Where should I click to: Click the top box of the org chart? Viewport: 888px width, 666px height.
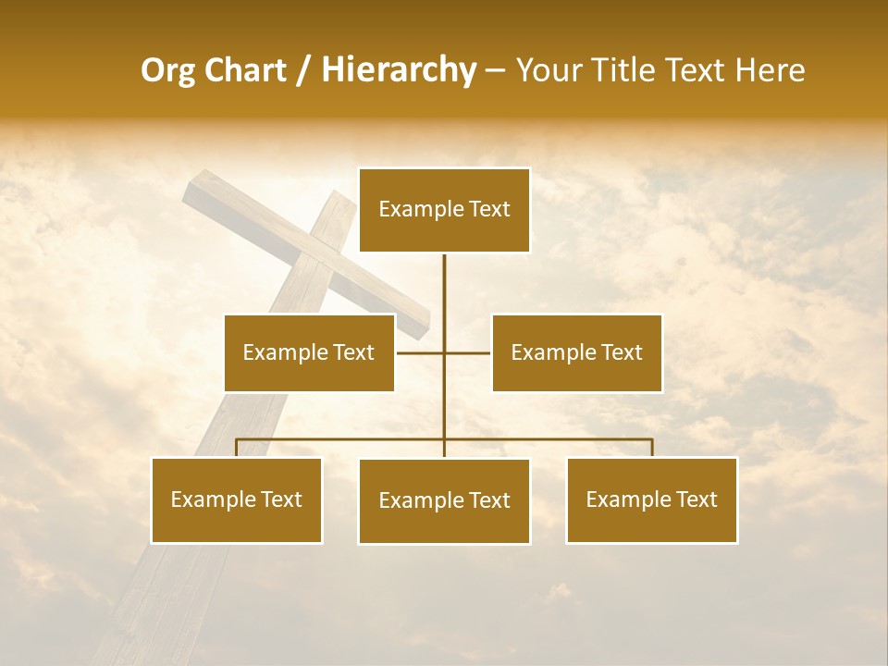point(444,210)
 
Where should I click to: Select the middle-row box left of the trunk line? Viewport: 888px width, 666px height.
point(309,352)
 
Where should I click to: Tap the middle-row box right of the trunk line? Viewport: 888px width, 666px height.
point(576,352)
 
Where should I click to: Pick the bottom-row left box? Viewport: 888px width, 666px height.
point(237,499)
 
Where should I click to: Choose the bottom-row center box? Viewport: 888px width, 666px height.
point(444,500)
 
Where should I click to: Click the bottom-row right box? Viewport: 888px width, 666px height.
point(651,499)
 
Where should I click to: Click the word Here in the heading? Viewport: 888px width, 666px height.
point(770,70)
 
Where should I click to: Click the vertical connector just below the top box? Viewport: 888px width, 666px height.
point(444,277)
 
